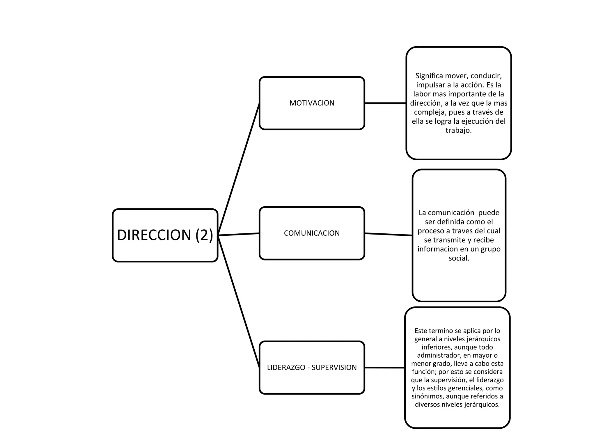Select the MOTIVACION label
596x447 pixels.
pyautogui.click(x=312, y=103)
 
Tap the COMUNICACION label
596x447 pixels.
pyautogui.click(x=312, y=233)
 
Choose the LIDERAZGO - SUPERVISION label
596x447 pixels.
pyautogui.click(x=312, y=368)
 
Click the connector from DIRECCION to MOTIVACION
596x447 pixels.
pyautogui.click(x=239, y=169)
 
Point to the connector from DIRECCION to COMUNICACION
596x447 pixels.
pyautogui.click(x=239, y=234)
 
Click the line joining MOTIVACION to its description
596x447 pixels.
pyautogui.click(x=385, y=103)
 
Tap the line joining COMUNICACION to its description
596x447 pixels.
pyautogui.click(x=388, y=234)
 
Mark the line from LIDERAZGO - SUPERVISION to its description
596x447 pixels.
pyautogui.click(x=384, y=368)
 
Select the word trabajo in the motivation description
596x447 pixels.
pyautogui.click(x=457, y=130)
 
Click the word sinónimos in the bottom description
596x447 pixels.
pyautogui.click(x=427, y=396)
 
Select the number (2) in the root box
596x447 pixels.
pyautogui.click(x=204, y=235)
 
